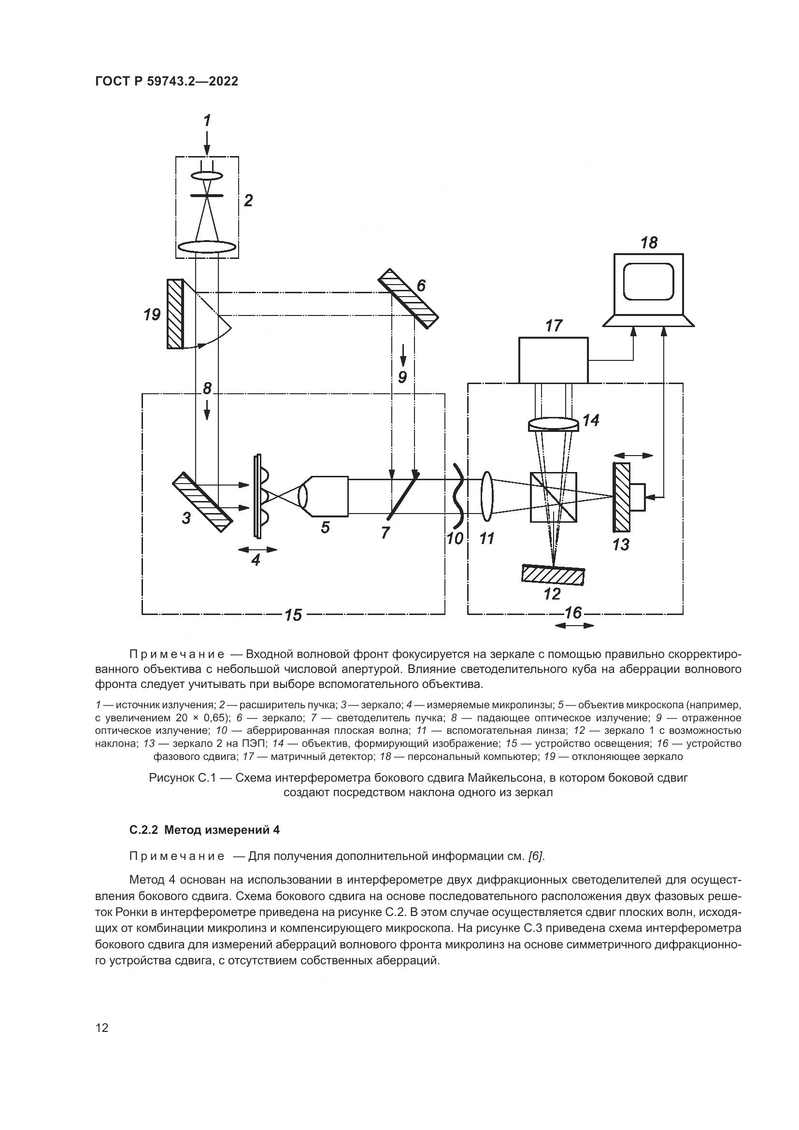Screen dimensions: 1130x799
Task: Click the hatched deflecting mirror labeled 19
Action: [175, 314]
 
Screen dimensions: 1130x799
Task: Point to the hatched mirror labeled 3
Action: [202, 502]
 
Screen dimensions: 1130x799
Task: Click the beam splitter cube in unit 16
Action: [554, 497]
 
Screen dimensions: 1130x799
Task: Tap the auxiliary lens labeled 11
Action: [487, 496]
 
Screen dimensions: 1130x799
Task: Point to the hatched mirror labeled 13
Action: [621, 497]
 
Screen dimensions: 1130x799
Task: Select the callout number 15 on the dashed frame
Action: [293, 615]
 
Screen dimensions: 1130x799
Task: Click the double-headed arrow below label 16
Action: [574, 626]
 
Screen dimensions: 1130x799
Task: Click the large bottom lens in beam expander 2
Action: [207, 247]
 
